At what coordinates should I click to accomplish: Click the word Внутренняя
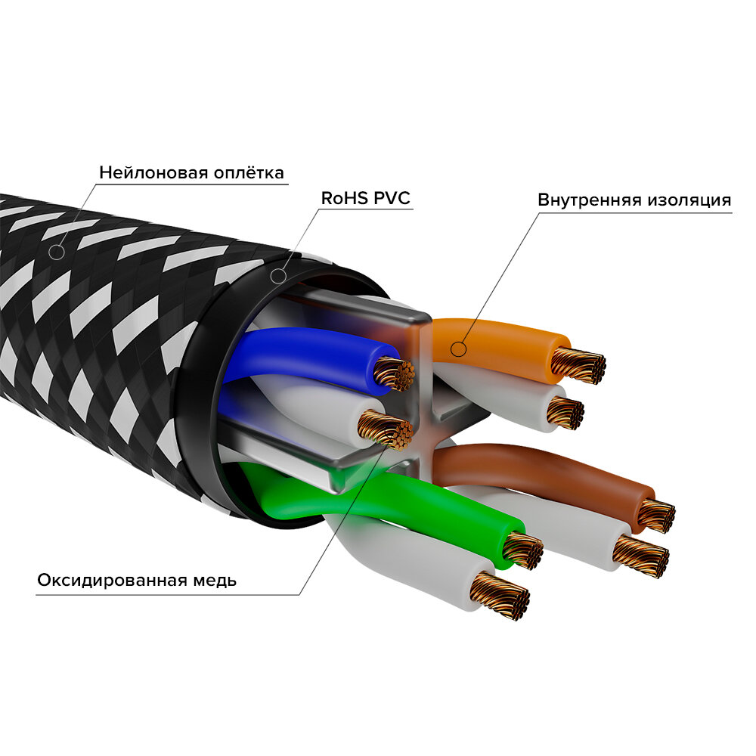pyautogui.click(x=589, y=200)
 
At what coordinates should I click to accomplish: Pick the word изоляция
pyautogui.click(x=690, y=200)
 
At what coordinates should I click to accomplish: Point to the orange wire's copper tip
pyautogui.click(x=578, y=365)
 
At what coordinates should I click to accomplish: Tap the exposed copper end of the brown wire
pyautogui.click(x=655, y=515)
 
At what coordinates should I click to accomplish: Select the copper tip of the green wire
pyautogui.click(x=522, y=550)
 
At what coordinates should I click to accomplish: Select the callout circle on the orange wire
pyautogui.click(x=457, y=349)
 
